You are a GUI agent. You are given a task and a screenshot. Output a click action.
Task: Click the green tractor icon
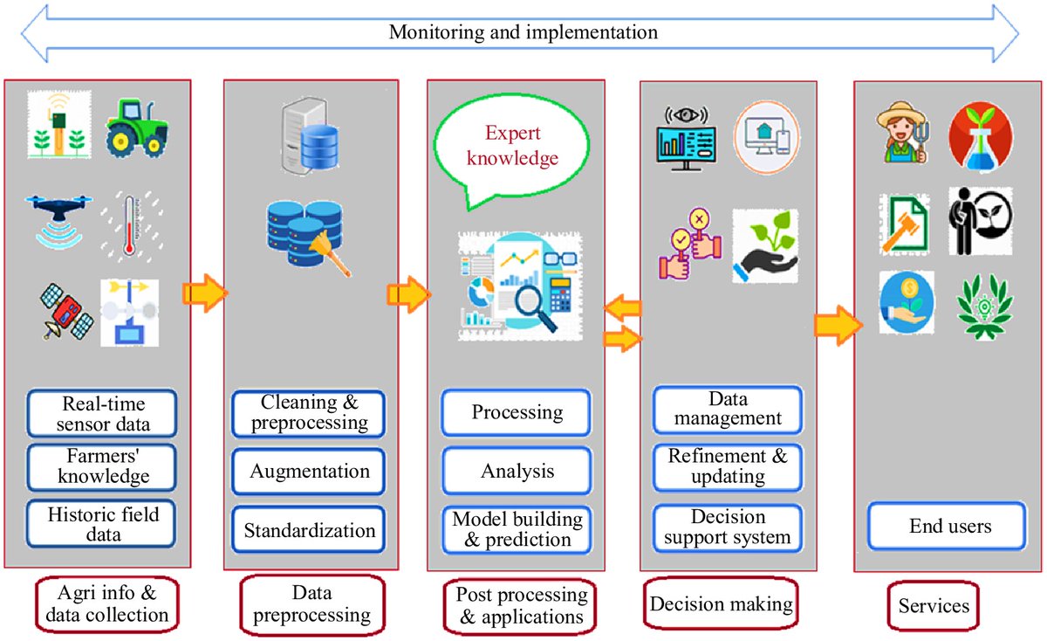[137, 125]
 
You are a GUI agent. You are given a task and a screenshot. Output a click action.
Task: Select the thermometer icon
[130, 223]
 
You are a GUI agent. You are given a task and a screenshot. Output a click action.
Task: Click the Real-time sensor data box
[102, 413]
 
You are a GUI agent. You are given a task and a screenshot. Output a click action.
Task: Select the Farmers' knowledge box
[102, 465]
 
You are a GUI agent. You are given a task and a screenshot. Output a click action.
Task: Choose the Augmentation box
[309, 472]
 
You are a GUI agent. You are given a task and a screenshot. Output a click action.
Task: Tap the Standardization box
[309, 529]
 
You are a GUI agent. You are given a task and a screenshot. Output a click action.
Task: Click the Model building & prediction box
[517, 529]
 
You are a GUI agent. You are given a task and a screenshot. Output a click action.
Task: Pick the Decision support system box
[727, 527]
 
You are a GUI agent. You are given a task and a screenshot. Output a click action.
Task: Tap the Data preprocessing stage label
[311, 604]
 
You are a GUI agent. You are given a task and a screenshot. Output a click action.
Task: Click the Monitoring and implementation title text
[522, 33]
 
